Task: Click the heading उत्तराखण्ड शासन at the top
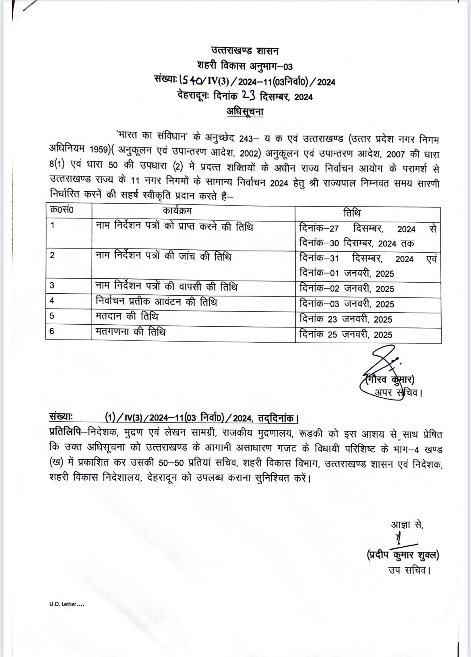[245, 51]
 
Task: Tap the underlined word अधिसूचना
[245, 112]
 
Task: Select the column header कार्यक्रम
[178, 211]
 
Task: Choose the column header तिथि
[353, 213]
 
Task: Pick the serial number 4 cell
[52, 301]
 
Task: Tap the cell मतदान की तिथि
[127, 317]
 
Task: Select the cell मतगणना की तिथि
[131, 332]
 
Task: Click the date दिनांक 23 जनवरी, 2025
[346, 319]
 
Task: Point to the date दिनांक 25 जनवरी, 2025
[346, 334]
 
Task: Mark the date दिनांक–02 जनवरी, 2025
[347, 289]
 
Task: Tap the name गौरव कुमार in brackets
[390, 379]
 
